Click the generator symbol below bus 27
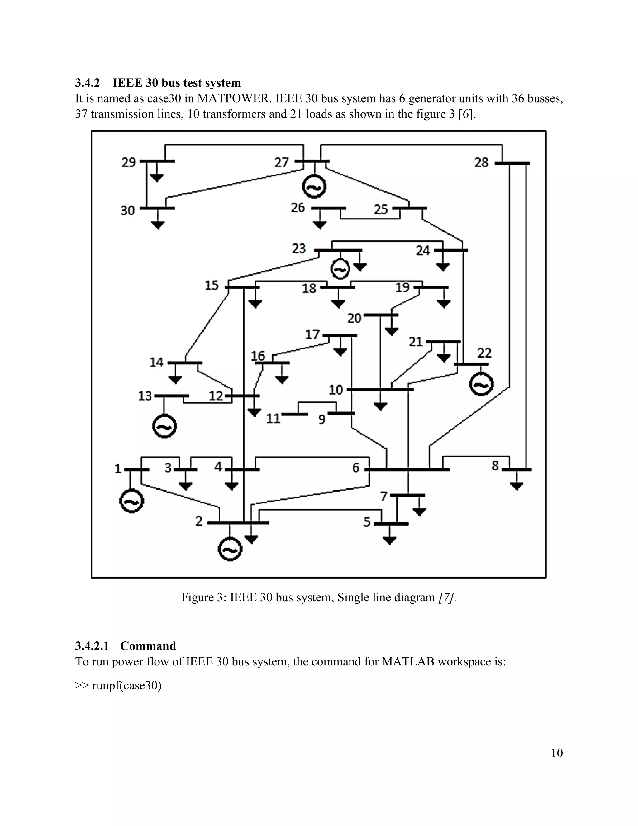point(314,187)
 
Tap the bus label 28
point(481,163)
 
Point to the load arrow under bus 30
point(158,224)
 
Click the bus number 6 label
point(356,468)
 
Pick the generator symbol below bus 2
point(230,549)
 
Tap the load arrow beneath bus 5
point(390,540)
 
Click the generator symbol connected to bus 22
point(481,385)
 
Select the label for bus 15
point(212,285)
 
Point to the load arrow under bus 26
point(320,225)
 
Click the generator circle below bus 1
point(131,501)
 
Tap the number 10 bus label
point(336,390)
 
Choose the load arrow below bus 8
point(517,486)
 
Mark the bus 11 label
point(273,419)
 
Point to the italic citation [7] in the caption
point(445,597)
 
